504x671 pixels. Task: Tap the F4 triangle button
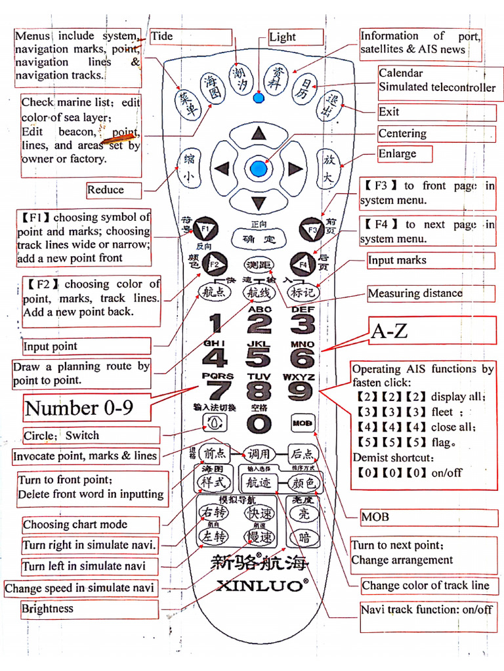303,263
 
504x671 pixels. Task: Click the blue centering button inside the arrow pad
259,168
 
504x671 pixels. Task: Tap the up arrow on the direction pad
259,133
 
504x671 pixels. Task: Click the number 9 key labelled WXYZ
301,391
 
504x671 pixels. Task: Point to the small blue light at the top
259,99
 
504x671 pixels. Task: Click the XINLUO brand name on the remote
260,585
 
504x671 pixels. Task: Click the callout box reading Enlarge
405,154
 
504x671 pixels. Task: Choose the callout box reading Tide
190,37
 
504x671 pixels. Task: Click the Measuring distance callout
430,293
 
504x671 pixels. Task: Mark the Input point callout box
85,346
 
